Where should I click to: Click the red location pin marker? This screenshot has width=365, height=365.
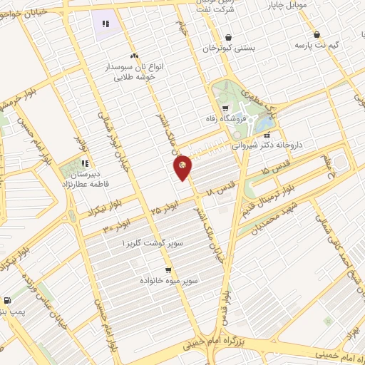point(183,166)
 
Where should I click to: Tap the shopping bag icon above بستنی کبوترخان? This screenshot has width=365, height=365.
point(227,37)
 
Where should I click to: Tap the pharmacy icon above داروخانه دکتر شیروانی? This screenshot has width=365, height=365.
point(267,133)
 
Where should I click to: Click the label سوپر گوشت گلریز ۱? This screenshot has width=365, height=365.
point(153,244)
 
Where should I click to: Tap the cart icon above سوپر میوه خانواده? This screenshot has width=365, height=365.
point(168,270)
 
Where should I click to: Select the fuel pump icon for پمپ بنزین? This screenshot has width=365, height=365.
point(7,301)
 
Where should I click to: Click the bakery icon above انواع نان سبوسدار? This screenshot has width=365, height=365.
point(133,56)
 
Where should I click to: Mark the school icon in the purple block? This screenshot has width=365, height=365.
point(106,24)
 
